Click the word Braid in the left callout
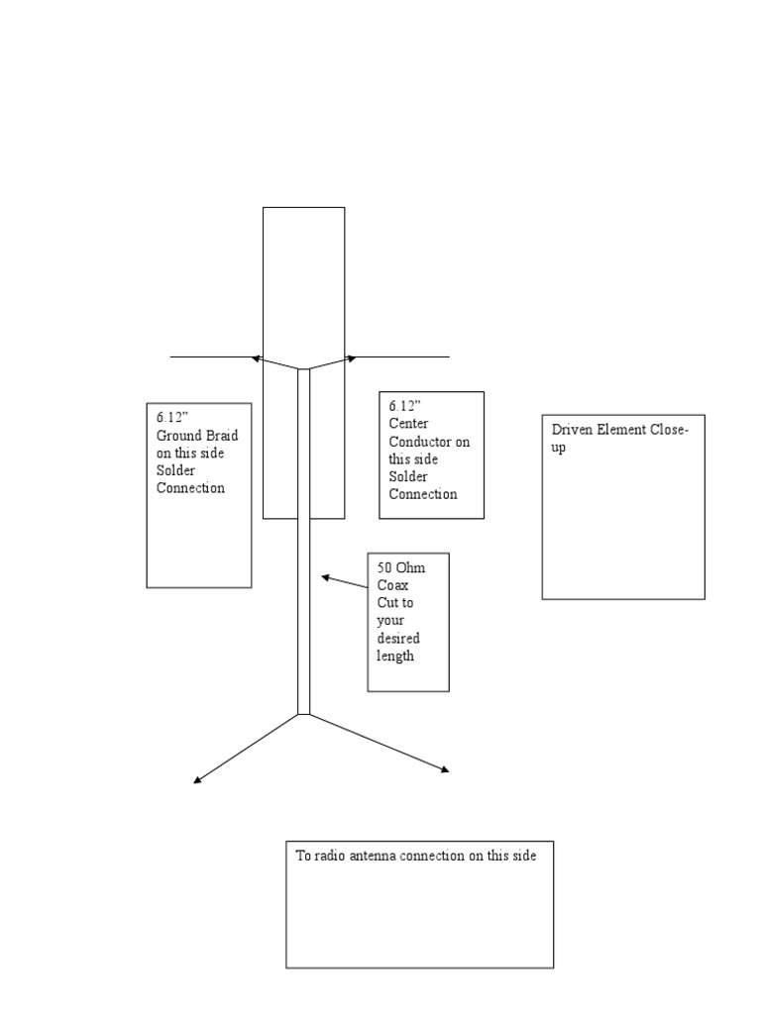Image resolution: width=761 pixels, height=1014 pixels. tap(223, 436)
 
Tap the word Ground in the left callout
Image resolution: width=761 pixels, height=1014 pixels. tap(179, 436)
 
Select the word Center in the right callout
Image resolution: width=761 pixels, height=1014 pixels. tap(408, 424)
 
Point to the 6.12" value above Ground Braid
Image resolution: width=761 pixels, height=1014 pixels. tap(172, 417)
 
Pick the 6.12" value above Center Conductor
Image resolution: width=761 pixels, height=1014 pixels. tap(404, 406)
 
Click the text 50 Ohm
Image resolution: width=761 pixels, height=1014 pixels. tap(401, 567)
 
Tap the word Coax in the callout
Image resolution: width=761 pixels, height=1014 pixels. tap(392, 585)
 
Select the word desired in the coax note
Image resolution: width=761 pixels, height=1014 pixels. tap(398, 639)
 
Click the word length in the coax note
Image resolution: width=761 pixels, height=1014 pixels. tap(395, 657)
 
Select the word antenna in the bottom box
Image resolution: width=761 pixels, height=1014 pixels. tap(373, 856)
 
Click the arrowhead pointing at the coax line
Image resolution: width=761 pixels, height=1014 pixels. tap(325, 577)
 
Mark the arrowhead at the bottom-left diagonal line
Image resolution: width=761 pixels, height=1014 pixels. tap(197, 780)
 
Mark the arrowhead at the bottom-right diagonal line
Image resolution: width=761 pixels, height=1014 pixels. tap(445, 768)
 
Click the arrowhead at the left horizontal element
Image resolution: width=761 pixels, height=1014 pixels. tap(256, 357)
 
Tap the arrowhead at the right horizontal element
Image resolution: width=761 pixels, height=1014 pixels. tap(352, 357)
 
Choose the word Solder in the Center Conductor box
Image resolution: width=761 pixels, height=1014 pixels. tap(408, 476)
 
